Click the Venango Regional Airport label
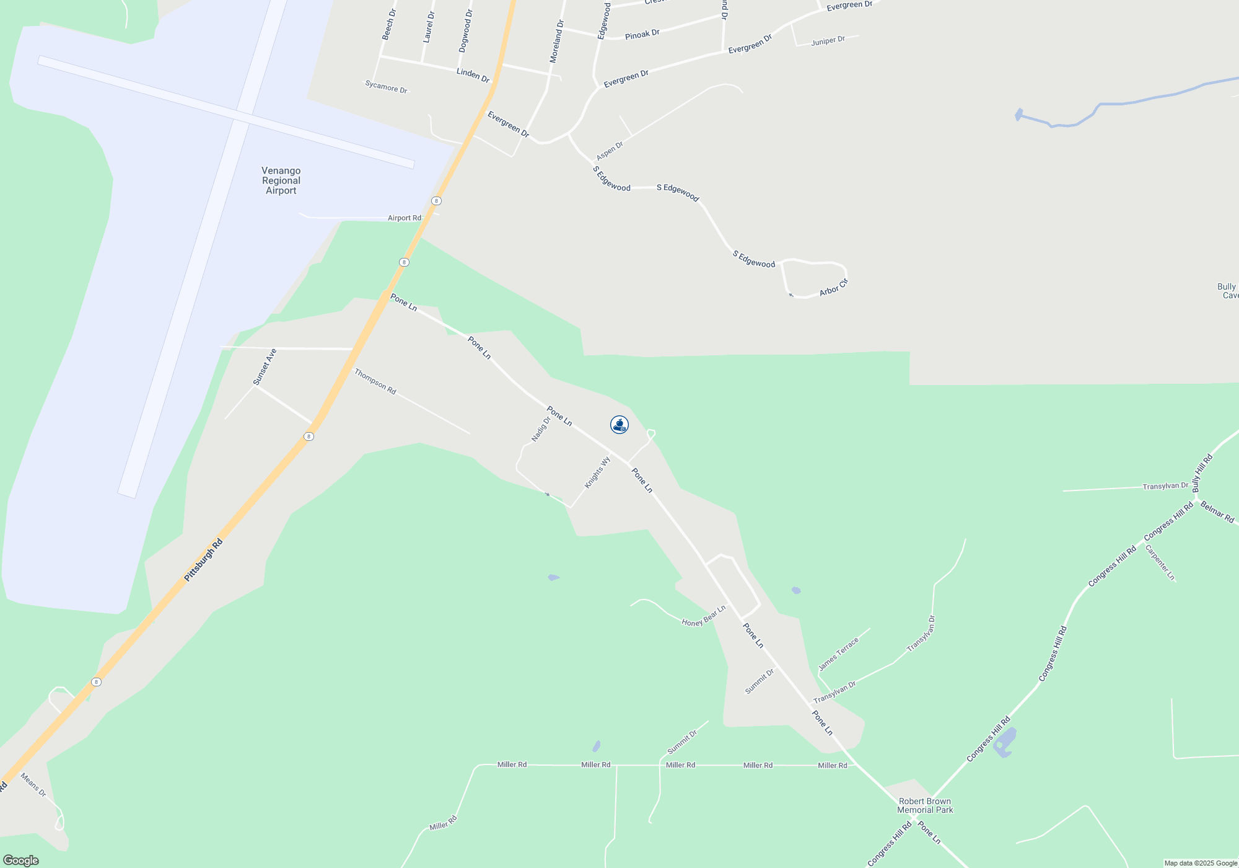point(281,180)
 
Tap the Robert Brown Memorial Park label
point(925,805)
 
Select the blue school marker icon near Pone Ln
point(619,425)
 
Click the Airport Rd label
point(405,218)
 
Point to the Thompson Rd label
point(375,381)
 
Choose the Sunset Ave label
point(265,367)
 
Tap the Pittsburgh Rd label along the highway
point(203,560)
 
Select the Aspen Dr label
point(610,151)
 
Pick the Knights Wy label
point(597,472)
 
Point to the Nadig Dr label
point(541,429)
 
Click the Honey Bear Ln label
point(704,616)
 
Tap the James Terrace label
point(838,654)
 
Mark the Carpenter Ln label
point(1160,562)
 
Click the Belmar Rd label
point(1217,512)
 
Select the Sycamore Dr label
point(387,87)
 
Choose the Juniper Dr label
point(828,41)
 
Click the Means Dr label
point(33,785)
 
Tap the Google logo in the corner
point(20,861)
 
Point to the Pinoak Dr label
point(642,35)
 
